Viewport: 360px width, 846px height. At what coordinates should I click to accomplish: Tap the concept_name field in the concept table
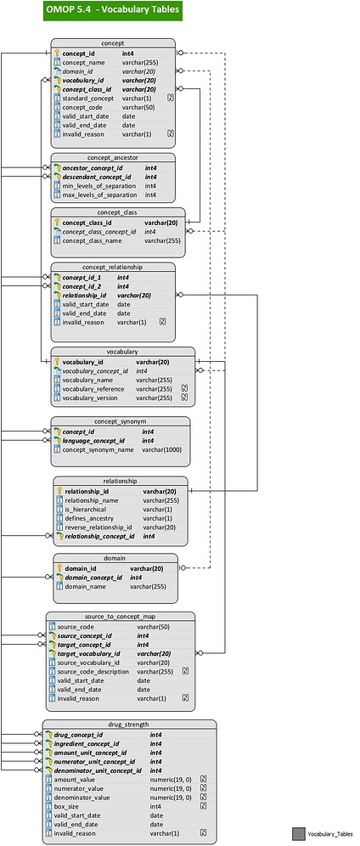(83, 63)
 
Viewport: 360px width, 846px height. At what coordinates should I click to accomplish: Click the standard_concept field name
(88, 99)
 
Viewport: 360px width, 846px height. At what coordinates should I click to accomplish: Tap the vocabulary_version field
(89, 398)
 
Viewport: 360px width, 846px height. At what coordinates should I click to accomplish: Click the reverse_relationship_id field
(98, 527)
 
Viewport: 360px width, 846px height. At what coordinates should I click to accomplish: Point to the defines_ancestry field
(88, 518)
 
